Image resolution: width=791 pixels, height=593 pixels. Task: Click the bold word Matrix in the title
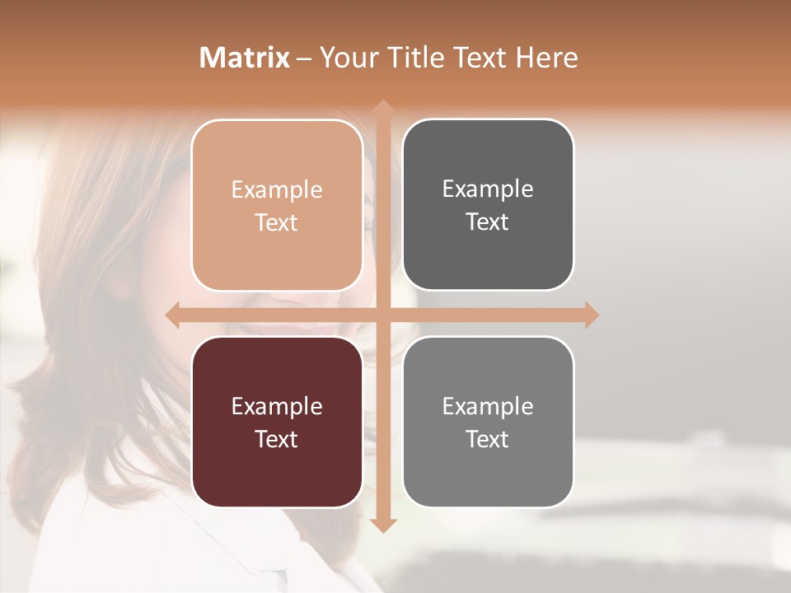click(245, 58)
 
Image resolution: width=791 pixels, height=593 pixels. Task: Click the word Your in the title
click(345, 58)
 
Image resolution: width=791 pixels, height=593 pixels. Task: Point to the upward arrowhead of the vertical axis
click(383, 107)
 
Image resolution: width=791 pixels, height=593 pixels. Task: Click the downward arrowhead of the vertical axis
click(383, 525)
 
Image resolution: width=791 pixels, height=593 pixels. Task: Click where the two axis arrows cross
click(383, 315)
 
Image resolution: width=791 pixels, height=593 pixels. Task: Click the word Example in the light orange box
click(277, 190)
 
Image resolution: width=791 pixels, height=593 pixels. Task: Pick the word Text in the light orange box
click(277, 223)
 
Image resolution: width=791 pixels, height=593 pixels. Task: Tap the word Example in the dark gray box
click(488, 189)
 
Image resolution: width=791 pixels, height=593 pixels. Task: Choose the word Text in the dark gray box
click(488, 222)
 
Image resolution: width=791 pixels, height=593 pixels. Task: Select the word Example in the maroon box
click(277, 406)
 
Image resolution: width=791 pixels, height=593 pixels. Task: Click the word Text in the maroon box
click(277, 439)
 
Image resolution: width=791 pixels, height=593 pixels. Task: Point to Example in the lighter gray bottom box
click(488, 406)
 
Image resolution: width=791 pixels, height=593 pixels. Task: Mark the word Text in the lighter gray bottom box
click(488, 439)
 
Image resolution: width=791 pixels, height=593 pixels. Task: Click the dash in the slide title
click(304, 58)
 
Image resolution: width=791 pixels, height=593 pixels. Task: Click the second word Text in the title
click(480, 58)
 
